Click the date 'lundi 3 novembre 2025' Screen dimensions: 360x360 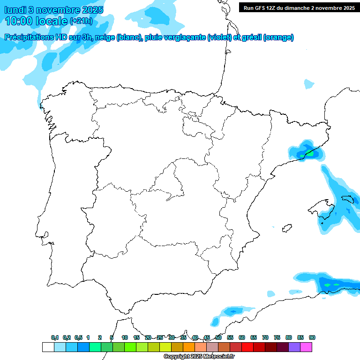coord(54,10)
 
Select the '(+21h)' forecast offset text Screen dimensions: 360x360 coord(81,21)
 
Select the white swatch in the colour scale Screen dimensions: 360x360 coord(48,347)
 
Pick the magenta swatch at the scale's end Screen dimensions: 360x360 coord(306,347)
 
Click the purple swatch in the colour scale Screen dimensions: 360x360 coord(294,347)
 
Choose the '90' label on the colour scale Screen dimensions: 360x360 coord(312,337)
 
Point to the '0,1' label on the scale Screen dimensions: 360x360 coord(55,337)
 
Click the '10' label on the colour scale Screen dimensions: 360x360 coord(125,337)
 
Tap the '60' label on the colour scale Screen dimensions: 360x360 coord(242,337)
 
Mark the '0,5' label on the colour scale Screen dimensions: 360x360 coord(79,337)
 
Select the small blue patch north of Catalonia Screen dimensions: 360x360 coord(308,84)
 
